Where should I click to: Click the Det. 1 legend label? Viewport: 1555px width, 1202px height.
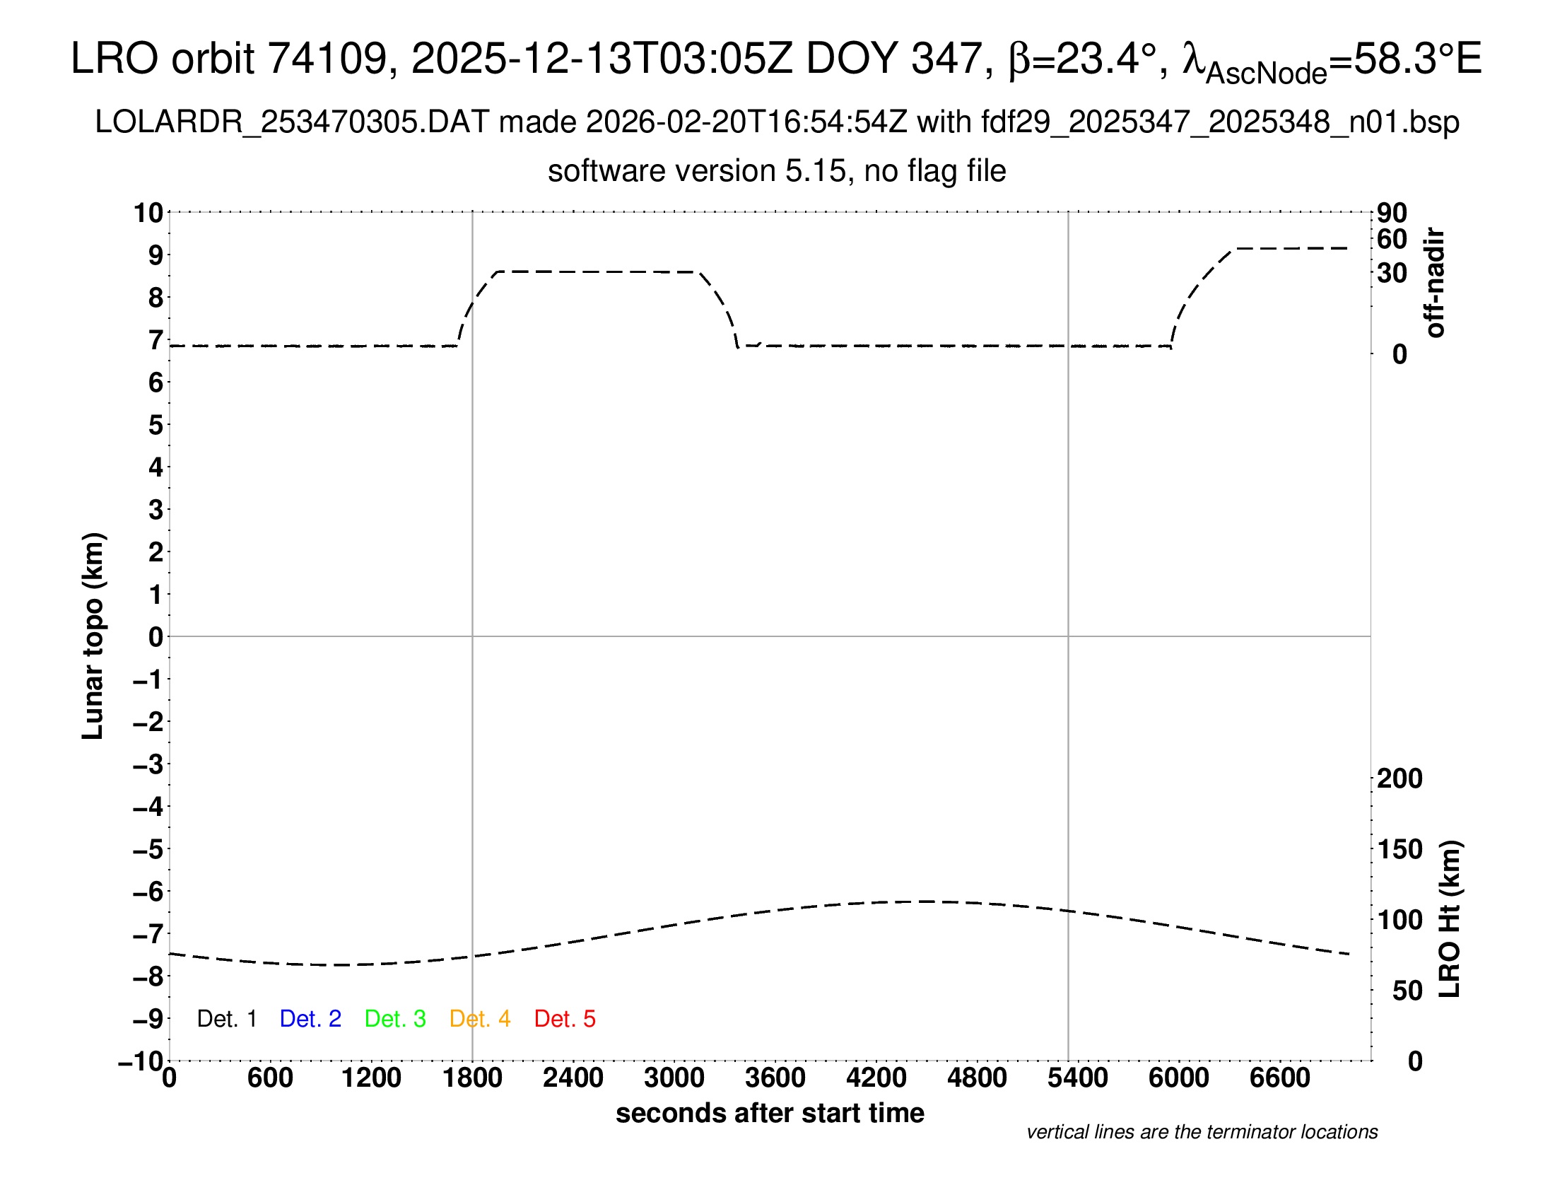point(226,1019)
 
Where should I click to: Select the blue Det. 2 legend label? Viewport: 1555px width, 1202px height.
point(310,1019)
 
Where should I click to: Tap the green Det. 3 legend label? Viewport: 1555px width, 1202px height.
point(395,1019)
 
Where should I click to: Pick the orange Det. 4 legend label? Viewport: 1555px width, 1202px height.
point(480,1019)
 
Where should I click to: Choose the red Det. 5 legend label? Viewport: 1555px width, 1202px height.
point(565,1019)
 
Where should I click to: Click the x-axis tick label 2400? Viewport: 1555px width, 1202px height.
point(573,1078)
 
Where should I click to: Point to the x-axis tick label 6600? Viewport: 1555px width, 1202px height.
point(1279,1078)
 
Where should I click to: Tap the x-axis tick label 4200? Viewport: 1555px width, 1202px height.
point(876,1078)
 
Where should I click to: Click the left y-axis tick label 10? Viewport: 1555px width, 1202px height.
point(149,212)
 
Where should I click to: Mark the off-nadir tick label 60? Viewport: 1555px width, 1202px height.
point(1392,239)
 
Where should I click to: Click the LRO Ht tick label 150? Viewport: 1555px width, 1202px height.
point(1399,848)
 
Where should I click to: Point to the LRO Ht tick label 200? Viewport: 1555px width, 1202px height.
point(1399,778)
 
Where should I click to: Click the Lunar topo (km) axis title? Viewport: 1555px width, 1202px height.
point(93,636)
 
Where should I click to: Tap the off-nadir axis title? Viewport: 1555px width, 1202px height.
point(1435,283)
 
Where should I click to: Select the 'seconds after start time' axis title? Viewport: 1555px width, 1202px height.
point(770,1113)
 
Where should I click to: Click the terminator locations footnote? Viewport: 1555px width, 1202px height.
point(1202,1132)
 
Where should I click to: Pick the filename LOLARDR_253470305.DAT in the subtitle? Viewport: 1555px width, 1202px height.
point(292,122)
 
